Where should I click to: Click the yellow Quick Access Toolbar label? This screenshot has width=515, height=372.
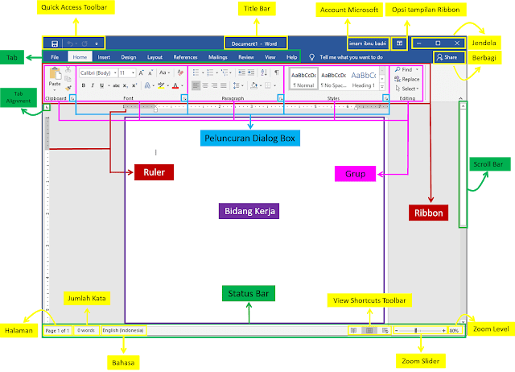click(78, 8)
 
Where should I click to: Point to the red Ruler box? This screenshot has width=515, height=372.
click(154, 172)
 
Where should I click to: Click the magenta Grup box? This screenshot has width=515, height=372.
click(356, 172)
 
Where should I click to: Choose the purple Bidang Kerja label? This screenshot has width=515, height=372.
click(249, 211)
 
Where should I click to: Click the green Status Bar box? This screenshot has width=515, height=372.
click(249, 293)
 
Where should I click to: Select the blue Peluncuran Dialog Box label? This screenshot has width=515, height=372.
click(249, 138)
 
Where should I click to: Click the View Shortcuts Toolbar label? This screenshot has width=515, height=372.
click(370, 301)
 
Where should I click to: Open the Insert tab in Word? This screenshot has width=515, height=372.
click(105, 58)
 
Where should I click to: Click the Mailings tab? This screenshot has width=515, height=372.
click(217, 58)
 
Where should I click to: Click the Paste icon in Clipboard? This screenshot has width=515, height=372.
click(55, 78)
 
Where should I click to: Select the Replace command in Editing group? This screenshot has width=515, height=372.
click(410, 79)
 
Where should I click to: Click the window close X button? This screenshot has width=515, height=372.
click(457, 43)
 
